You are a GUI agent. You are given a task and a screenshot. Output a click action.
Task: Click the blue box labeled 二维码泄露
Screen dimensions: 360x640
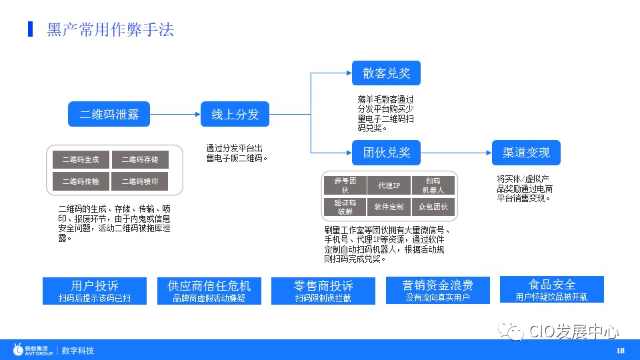pyautogui.click(x=109, y=114)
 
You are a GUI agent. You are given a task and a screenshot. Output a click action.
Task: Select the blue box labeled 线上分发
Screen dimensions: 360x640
pyautogui.click(x=235, y=114)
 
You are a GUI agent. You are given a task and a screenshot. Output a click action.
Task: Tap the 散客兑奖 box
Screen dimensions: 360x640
pyautogui.click(x=386, y=73)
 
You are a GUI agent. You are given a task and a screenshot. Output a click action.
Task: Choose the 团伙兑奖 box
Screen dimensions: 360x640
pyautogui.click(x=386, y=153)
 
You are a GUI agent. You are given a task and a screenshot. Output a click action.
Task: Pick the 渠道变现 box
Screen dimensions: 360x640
pyautogui.click(x=526, y=153)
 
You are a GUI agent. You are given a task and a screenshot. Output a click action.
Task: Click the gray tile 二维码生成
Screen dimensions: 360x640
pyautogui.click(x=81, y=159)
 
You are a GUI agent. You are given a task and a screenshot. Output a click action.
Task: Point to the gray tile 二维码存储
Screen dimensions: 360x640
pyautogui.click(x=140, y=159)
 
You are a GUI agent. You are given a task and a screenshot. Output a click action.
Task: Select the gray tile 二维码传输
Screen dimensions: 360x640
pyautogui.click(x=81, y=181)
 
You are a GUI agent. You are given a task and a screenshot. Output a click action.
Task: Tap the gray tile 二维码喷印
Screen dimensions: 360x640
pyautogui.click(x=140, y=181)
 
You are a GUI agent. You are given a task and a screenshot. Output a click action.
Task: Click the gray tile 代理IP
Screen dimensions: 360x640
pyautogui.click(x=389, y=185)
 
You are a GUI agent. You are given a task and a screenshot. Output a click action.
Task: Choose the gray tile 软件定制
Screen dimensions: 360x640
pyautogui.click(x=389, y=207)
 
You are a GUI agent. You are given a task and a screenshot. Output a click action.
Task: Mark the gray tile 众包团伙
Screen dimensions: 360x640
pyautogui.click(x=433, y=207)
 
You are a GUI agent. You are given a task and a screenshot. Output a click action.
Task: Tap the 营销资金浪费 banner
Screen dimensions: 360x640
pyautogui.click(x=437, y=291)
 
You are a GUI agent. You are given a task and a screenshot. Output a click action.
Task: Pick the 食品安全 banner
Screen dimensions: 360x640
pyautogui.click(x=551, y=290)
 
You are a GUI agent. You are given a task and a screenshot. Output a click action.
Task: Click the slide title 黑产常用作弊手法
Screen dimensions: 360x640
pyautogui.click(x=111, y=29)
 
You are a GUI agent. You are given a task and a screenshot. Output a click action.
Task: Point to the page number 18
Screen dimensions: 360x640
pyautogui.click(x=620, y=351)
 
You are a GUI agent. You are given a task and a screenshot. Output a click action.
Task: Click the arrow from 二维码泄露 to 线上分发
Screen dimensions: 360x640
pyautogui.click(x=175, y=114)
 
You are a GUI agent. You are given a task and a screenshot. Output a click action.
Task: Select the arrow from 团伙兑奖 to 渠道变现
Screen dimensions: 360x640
pyautogui.click(x=456, y=153)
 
